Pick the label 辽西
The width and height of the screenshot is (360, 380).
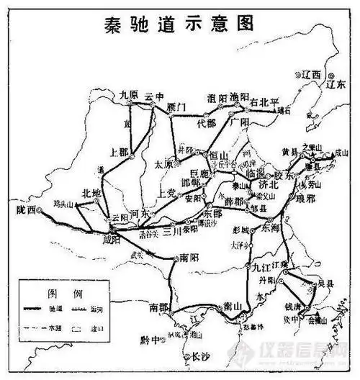click(x=311, y=74)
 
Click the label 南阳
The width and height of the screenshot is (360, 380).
click(x=189, y=257)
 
